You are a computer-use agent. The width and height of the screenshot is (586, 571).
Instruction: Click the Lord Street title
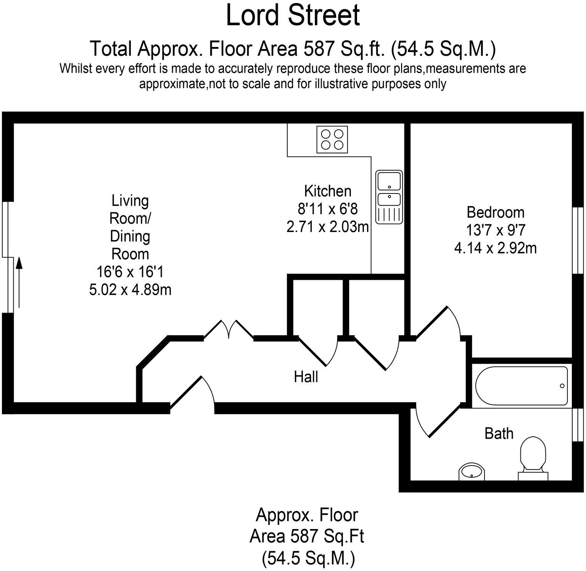click(293, 16)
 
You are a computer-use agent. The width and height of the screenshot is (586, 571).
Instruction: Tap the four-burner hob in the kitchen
click(332, 139)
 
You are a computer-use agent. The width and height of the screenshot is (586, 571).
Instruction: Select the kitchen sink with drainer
click(389, 197)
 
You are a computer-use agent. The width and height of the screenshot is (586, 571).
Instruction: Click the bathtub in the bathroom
click(522, 386)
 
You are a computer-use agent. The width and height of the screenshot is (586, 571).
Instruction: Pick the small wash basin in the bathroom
click(472, 473)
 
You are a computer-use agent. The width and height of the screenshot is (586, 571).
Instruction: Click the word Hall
click(306, 377)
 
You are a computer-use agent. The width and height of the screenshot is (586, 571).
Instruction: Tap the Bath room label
click(499, 434)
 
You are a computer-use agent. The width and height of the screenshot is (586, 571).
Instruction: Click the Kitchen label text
click(327, 191)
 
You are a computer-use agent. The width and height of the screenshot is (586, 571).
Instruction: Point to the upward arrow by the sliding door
click(18, 282)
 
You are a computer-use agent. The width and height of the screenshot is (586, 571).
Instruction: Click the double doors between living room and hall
click(229, 330)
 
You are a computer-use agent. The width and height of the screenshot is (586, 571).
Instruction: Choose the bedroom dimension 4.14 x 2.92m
click(495, 248)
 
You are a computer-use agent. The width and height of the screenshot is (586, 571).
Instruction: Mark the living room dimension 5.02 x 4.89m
click(130, 290)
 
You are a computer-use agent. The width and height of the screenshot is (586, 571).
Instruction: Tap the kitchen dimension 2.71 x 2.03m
click(327, 227)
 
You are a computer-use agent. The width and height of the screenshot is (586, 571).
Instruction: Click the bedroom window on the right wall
click(579, 240)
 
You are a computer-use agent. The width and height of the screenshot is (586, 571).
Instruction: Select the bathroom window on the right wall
click(579, 425)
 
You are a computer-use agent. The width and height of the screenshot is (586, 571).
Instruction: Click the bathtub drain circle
click(562, 386)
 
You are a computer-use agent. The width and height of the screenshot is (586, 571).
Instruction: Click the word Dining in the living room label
click(130, 236)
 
